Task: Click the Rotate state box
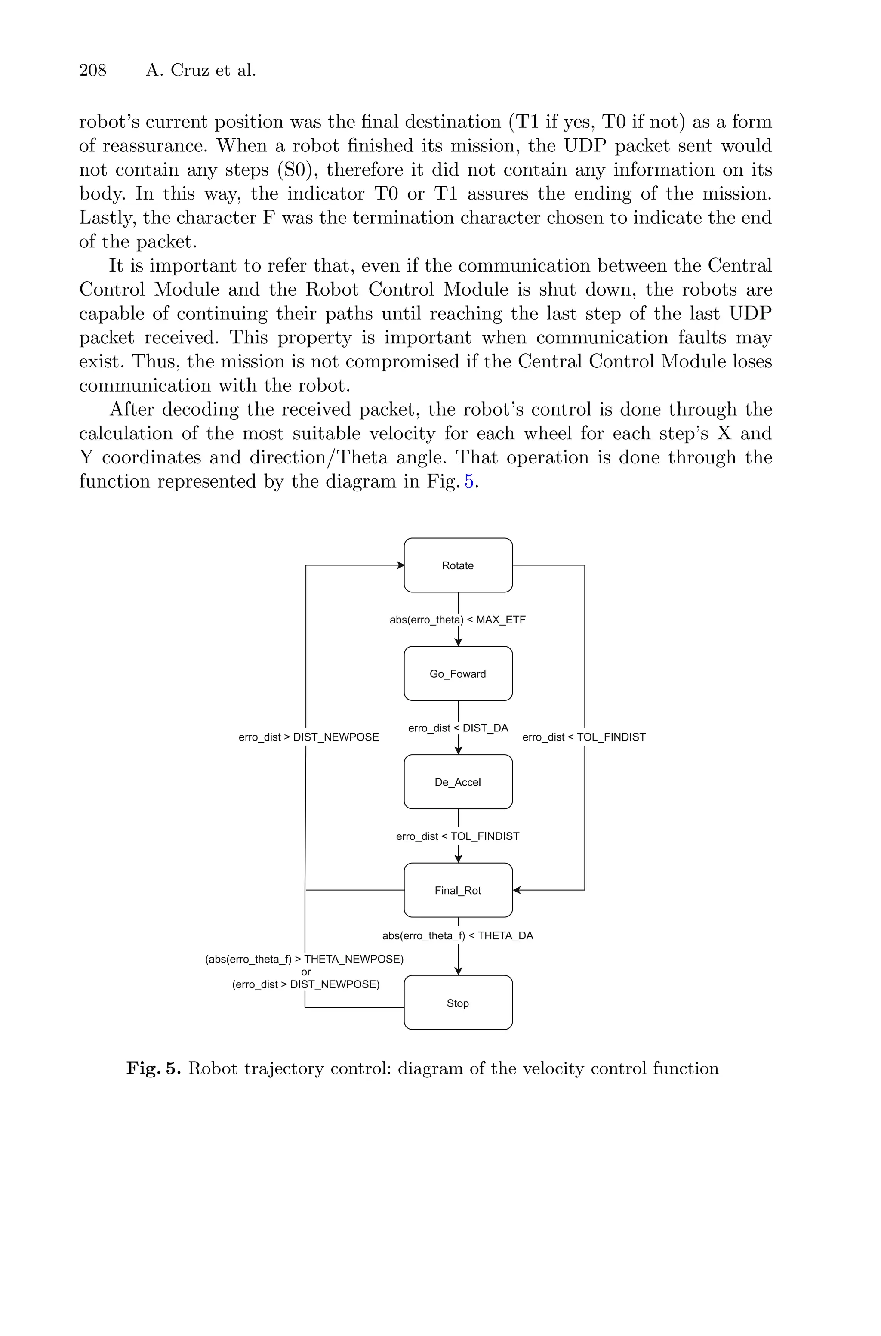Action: [x=458, y=565]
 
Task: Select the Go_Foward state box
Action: [x=458, y=674]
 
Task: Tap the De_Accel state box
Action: [x=458, y=782]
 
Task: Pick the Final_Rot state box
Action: [x=458, y=891]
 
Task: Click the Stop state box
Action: [x=458, y=1003]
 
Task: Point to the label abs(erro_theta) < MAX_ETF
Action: [x=458, y=620]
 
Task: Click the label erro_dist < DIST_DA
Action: [x=458, y=728]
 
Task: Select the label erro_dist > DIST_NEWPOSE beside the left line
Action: [x=308, y=737]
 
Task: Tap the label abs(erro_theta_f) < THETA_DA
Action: [x=458, y=935]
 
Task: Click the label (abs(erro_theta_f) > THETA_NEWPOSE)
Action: [x=304, y=959]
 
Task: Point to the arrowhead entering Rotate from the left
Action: [x=400, y=565]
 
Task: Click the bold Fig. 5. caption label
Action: [x=154, y=1068]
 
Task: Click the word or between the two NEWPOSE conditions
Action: [x=306, y=972]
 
